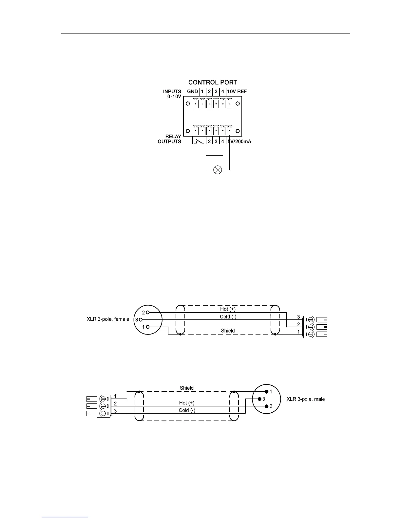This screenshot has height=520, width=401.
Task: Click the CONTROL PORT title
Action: pos(213,82)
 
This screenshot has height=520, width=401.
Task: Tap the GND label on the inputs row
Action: pos(192,91)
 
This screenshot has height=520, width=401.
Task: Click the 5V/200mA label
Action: pos(239,141)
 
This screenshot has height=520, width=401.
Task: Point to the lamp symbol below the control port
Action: pos(218,170)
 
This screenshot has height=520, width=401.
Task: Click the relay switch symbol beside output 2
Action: pos(199,141)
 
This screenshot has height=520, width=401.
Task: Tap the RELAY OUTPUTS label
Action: pos(169,139)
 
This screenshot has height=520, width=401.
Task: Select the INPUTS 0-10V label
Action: pos(172,94)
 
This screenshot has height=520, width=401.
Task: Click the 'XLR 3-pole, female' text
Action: pos(108,319)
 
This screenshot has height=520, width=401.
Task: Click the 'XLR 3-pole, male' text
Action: pos(306,399)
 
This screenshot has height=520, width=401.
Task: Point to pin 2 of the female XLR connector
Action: pos(148,312)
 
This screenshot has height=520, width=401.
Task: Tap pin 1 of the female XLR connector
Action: pos(148,327)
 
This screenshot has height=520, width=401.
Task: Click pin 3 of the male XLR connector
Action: pos(259,399)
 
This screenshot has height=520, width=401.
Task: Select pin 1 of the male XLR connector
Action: pos(267,392)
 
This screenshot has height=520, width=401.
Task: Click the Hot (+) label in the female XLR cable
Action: pos(228,309)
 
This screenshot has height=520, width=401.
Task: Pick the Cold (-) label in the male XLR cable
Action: pos(187,410)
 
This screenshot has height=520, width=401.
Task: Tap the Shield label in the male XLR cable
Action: pos(187,388)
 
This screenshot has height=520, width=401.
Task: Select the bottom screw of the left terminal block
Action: pos(104,414)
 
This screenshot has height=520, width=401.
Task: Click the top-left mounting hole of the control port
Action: pos(188,104)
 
